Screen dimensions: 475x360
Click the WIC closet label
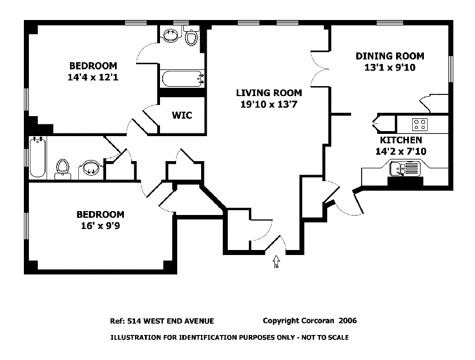(x=182, y=115)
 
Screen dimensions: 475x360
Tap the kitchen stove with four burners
(x=420, y=124)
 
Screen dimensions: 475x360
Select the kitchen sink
(x=404, y=168)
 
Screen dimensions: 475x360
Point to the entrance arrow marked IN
(x=276, y=262)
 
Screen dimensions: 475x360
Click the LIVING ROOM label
(x=269, y=93)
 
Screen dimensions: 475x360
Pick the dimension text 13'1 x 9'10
(x=390, y=67)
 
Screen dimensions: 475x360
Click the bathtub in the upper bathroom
(x=182, y=78)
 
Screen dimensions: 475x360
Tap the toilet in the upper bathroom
(x=191, y=36)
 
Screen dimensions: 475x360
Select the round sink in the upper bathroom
(x=171, y=35)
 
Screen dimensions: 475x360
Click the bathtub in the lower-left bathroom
(x=38, y=157)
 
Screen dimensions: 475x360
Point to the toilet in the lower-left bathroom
(x=63, y=169)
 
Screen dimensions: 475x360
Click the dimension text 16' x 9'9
(x=100, y=226)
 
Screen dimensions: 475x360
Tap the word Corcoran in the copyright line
(x=317, y=321)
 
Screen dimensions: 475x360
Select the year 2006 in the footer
(x=348, y=321)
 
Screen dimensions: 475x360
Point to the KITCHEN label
(x=401, y=140)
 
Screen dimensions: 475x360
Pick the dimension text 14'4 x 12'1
(x=93, y=77)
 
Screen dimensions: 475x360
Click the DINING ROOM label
(x=390, y=56)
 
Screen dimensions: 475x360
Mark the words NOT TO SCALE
(x=325, y=337)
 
